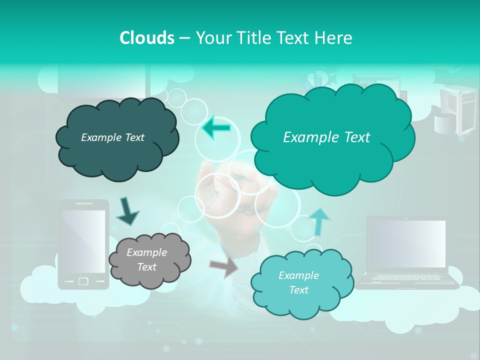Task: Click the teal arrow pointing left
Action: (216, 128)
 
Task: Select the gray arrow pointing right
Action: (223, 267)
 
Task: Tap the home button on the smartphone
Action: (84, 281)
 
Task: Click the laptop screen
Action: (406, 244)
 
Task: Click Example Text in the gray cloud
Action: (146, 259)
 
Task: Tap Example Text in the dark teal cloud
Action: (112, 137)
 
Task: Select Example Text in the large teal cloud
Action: (326, 137)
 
